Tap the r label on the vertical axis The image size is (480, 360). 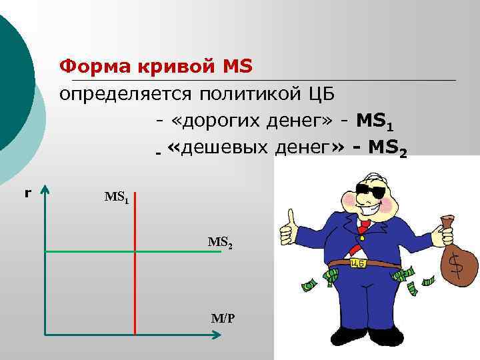(27, 193)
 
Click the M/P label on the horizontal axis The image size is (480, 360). (223, 319)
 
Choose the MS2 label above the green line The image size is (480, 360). (220, 243)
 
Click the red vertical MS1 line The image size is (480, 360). (135, 280)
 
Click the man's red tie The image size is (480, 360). (363, 227)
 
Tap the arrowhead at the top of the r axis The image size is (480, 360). (45, 191)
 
